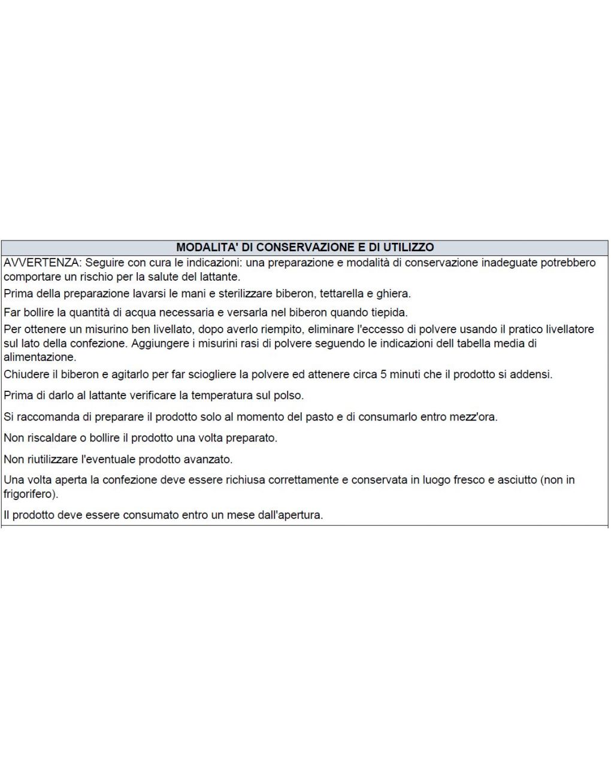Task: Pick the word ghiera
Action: (x=393, y=294)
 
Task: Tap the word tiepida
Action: (x=388, y=312)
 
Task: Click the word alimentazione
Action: (x=40, y=358)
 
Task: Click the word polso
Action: (x=288, y=395)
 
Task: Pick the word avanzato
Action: (x=210, y=459)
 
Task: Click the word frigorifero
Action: (x=29, y=494)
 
